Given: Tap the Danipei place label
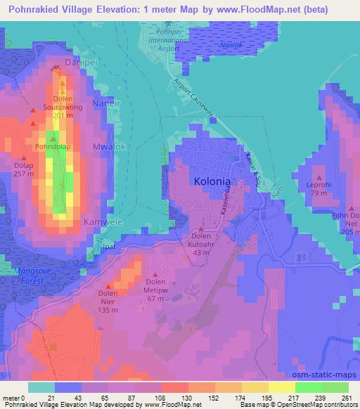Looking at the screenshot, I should [79, 63].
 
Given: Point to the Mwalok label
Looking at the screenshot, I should [108, 147].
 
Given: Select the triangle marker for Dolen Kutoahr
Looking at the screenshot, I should [202, 230].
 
